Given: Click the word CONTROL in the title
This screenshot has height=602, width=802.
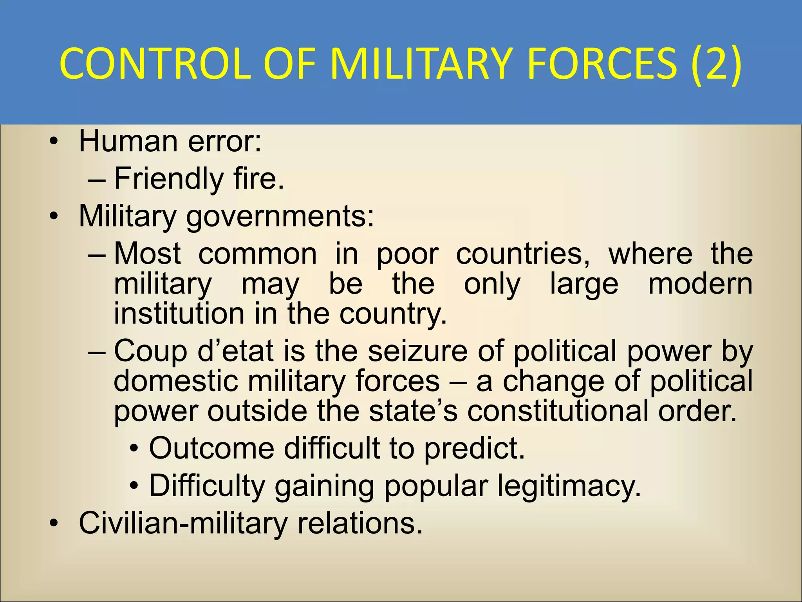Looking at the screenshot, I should (x=155, y=64).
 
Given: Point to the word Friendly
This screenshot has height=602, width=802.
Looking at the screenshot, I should (x=169, y=179).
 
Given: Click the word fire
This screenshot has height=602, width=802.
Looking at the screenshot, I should (x=258, y=179).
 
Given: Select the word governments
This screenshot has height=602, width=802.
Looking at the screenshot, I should (x=280, y=216).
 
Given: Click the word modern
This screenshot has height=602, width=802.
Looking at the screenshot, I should (x=700, y=284).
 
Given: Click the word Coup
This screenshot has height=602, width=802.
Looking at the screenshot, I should (x=150, y=351).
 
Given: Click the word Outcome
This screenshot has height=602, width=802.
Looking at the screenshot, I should (x=211, y=448).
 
